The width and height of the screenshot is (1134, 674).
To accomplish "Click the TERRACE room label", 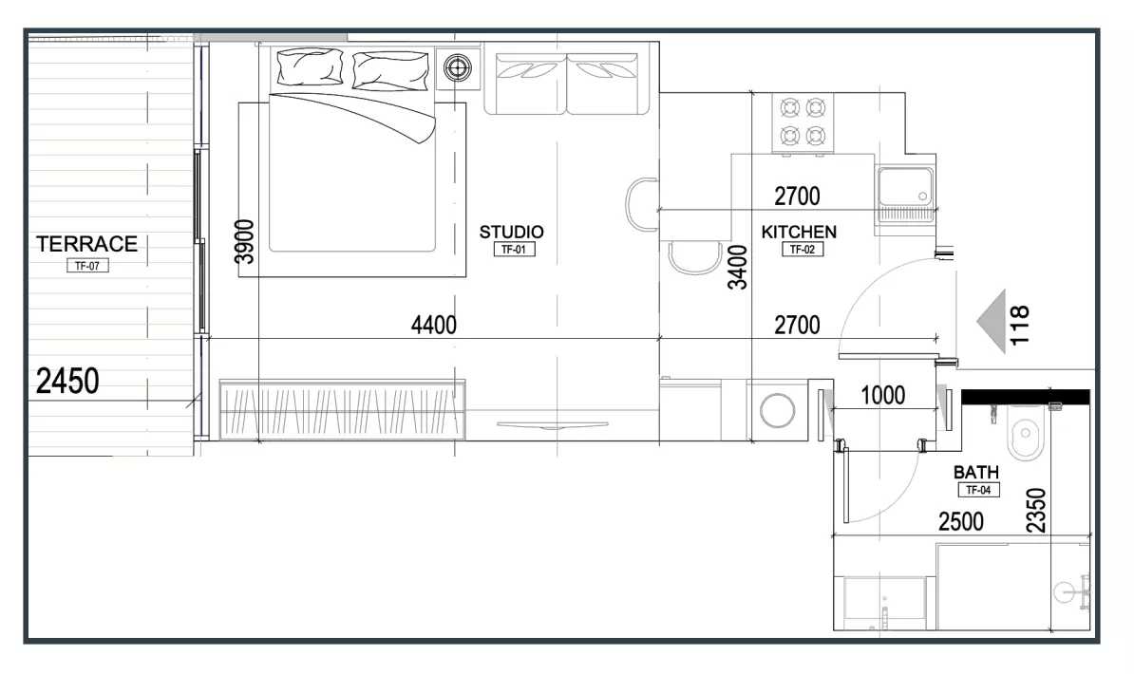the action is (86, 244).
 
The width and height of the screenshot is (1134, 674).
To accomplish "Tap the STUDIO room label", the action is (511, 233).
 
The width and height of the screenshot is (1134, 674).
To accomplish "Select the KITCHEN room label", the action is (799, 233).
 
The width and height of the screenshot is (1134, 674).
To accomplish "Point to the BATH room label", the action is (975, 472).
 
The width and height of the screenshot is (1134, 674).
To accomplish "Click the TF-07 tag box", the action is (87, 266).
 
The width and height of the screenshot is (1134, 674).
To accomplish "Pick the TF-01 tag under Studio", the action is (514, 250).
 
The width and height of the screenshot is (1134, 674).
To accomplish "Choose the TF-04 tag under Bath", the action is (978, 490).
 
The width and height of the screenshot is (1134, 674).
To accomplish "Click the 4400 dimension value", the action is (434, 326).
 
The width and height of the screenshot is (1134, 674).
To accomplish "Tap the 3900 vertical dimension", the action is (245, 241).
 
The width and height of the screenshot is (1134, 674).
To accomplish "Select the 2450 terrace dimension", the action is (67, 381).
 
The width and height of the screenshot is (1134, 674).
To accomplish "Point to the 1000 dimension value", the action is (883, 395).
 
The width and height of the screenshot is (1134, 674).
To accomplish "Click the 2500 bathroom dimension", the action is (961, 521).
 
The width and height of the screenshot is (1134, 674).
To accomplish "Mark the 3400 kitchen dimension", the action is (737, 268).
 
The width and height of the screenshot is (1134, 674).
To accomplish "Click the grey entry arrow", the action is (992, 321).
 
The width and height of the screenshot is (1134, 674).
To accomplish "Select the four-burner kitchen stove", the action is (803, 123).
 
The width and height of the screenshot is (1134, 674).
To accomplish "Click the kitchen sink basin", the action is (905, 186).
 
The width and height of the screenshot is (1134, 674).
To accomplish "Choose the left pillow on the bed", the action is (310, 67).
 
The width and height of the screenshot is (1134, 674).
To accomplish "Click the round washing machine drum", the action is (778, 411).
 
